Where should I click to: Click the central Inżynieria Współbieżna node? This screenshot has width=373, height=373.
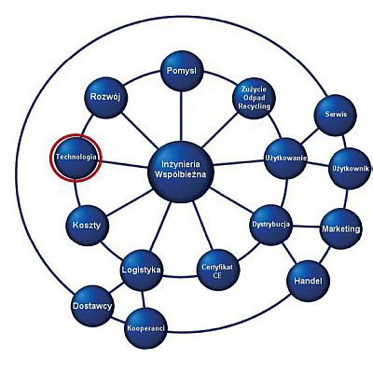coord(181,171)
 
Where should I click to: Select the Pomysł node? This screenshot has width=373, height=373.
coord(182,71)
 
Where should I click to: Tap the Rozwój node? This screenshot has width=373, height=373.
coord(105,97)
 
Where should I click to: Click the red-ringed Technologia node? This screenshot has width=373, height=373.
coord(76,158)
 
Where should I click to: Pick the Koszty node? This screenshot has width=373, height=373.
coord(87,226)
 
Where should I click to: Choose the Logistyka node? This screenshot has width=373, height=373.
coord(142,269)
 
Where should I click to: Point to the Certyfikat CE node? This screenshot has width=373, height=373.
coord(218,270)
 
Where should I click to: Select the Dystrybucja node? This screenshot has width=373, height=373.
coord(271,225)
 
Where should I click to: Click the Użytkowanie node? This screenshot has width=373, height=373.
coord(286,158)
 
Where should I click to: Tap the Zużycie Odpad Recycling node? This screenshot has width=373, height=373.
coord(254,98)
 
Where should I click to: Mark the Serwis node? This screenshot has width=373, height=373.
coord(335,115)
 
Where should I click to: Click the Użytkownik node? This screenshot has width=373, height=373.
coord(350,169)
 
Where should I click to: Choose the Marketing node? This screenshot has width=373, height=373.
coord(341,228)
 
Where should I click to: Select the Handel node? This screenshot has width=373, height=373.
coord(308,281)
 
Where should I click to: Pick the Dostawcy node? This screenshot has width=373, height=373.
coord(92,306)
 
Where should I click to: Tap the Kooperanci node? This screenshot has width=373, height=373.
coord(145,328)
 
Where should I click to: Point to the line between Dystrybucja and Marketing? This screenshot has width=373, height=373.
coord(307,227)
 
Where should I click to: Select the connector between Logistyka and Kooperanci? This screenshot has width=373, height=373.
coord(143,299)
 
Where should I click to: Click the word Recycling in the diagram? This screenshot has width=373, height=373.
coord(254,106)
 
